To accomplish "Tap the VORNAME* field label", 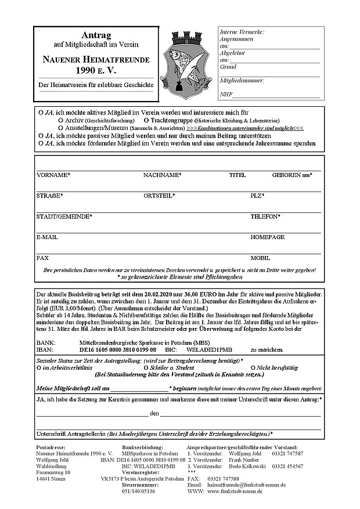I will [53, 175].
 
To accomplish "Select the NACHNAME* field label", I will [163, 175].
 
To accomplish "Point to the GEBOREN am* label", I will [292, 175].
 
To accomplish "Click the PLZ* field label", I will [257, 196].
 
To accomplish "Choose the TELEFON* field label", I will [265, 216].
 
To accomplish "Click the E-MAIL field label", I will [47, 237].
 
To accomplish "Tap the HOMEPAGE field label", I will [268, 237].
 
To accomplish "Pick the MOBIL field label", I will [260, 258].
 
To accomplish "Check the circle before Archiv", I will [60, 118].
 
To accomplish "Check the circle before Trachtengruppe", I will [146, 118].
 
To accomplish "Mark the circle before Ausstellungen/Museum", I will [60, 127].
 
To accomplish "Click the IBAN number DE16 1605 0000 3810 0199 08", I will [118, 351].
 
